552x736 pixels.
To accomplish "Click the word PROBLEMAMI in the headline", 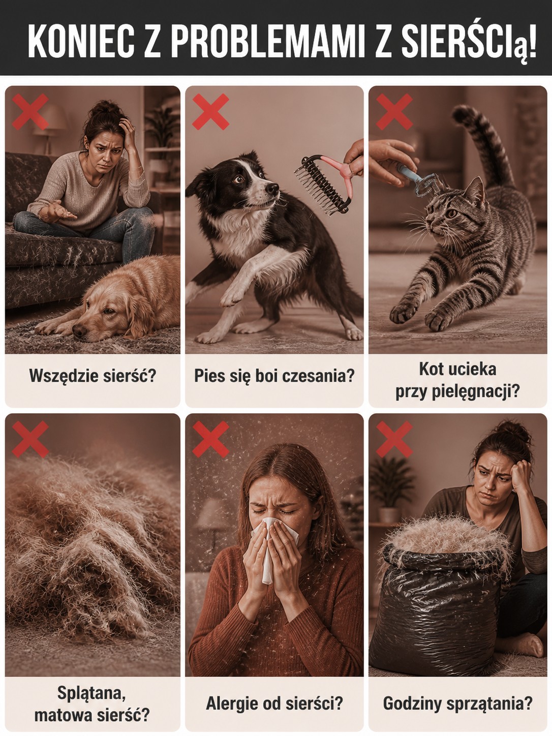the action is (269, 41).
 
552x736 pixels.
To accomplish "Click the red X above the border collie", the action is (210, 112).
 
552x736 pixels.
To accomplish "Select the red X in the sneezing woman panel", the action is (210, 440).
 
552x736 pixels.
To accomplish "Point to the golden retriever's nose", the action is (79, 331).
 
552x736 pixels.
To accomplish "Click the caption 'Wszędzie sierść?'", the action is (93, 376).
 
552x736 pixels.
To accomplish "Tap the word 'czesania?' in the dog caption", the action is (318, 376).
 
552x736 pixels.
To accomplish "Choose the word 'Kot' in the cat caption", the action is (430, 369).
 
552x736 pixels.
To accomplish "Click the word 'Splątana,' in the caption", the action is (91, 692).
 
